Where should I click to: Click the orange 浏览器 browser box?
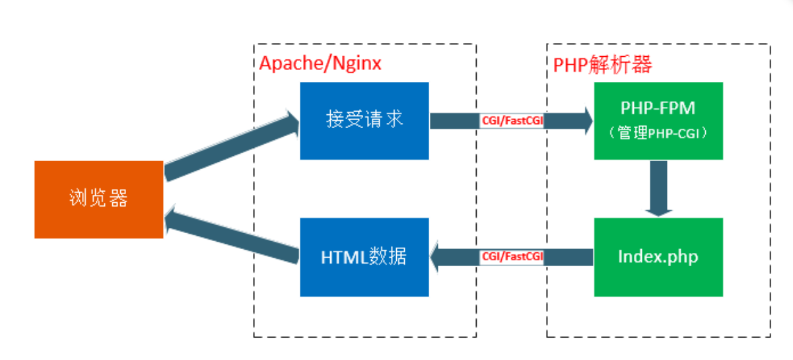pyautogui.click(x=99, y=199)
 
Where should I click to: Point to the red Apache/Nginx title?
pyautogui.click(x=320, y=63)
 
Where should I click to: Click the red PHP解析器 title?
pyautogui.click(x=602, y=64)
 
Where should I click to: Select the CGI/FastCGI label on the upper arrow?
pyautogui.click(x=512, y=122)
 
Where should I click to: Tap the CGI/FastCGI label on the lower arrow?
pyautogui.click(x=512, y=256)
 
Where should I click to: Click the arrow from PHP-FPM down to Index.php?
pyautogui.click(x=658, y=188)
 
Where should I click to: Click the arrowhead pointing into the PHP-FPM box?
pyautogui.click(x=584, y=122)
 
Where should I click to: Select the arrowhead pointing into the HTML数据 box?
pyautogui.click(x=438, y=256)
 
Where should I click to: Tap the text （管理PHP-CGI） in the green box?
pyautogui.click(x=658, y=133)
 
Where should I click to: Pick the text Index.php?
pyautogui.click(x=658, y=256)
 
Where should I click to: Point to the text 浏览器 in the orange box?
pyautogui.click(x=99, y=198)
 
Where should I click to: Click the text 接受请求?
pyautogui.click(x=364, y=120)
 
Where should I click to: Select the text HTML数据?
pyautogui.click(x=364, y=256)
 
